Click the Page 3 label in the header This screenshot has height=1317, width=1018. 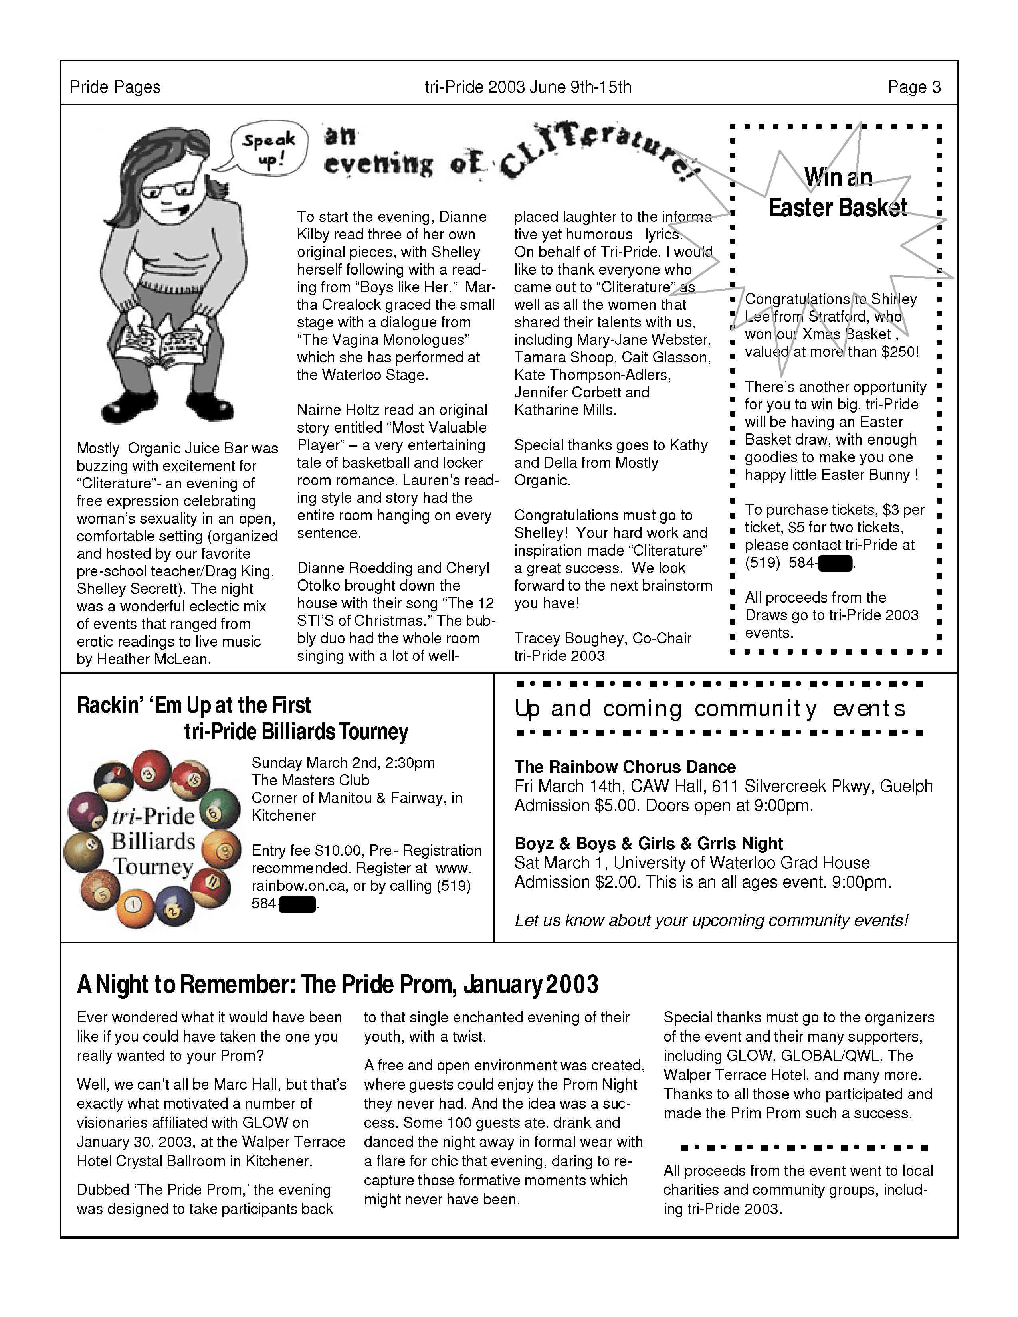(x=914, y=87)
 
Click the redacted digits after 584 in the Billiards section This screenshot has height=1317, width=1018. (x=297, y=904)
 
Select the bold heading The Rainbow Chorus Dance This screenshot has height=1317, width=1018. (x=625, y=767)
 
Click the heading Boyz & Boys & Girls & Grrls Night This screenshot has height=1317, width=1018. (x=648, y=844)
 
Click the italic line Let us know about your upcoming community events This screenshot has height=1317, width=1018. (x=711, y=921)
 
